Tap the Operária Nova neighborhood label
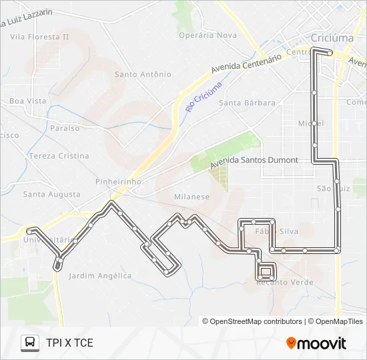coord(208,35)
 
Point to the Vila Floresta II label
coord(39,37)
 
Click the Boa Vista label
coord(28,101)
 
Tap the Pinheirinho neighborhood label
coord(118,181)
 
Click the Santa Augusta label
coord(51,195)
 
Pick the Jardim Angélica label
coord(100,275)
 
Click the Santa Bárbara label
coord(247,103)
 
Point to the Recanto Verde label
coord(285,283)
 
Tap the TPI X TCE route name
coord(69,343)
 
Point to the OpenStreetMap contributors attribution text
coord(256,321)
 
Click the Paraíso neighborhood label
coord(65,128)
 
